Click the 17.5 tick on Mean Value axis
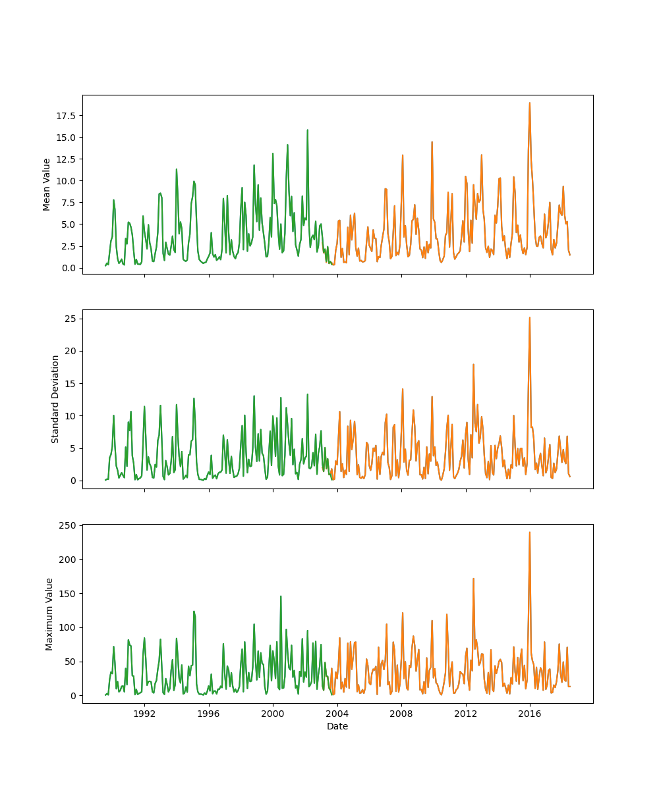pos(67,116)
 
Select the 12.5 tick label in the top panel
pos(67,159)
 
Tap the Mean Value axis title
pos(47,184)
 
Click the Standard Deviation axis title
pos(55,399)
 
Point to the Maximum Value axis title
pos(49,614)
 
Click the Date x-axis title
pos(337,726)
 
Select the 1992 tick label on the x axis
pos(144,714)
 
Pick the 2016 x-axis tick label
pos(530,714)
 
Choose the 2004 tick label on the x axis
pos(337,714)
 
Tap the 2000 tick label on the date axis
pos(273,714)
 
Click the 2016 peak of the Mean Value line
pos(529,103)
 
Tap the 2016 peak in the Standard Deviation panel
pos(529,318)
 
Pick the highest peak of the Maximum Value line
pos(529,533)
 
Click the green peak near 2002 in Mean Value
pos(307,130)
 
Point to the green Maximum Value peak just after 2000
pos(281,596)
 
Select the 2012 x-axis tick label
pos(466,714)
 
